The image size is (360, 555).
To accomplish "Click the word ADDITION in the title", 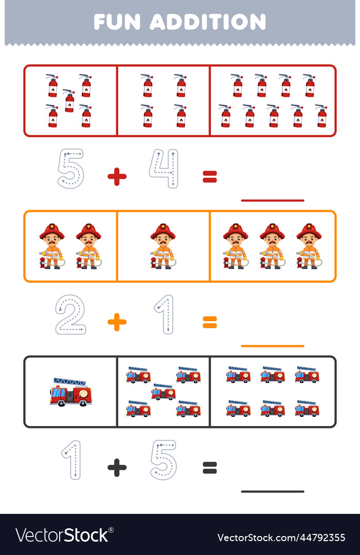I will coord(208,22).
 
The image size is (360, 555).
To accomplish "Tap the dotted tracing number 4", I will coord(164,169).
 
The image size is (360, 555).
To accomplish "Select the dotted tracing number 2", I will coord(70,314).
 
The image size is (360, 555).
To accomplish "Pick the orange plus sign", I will coord(117,322).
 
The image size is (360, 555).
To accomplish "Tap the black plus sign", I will coord(117,468).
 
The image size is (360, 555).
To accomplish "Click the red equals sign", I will coord(209,177).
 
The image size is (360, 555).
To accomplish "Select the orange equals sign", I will coord(209,322).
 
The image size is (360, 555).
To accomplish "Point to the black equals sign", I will coord(209,468).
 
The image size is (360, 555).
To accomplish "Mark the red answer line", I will coord(272,200).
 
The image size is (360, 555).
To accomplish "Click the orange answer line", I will coord(272,346).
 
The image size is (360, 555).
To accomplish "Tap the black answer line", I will coord(272,491).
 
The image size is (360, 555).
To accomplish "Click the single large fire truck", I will coord(71,392).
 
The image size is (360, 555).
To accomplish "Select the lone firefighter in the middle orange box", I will coord(163,246).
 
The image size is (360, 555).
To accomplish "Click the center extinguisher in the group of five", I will coord(69,101).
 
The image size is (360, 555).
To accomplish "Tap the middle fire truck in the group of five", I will coord(163,392).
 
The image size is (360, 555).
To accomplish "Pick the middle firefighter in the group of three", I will coord(272,246).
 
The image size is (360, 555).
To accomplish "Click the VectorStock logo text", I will coord(62,535).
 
